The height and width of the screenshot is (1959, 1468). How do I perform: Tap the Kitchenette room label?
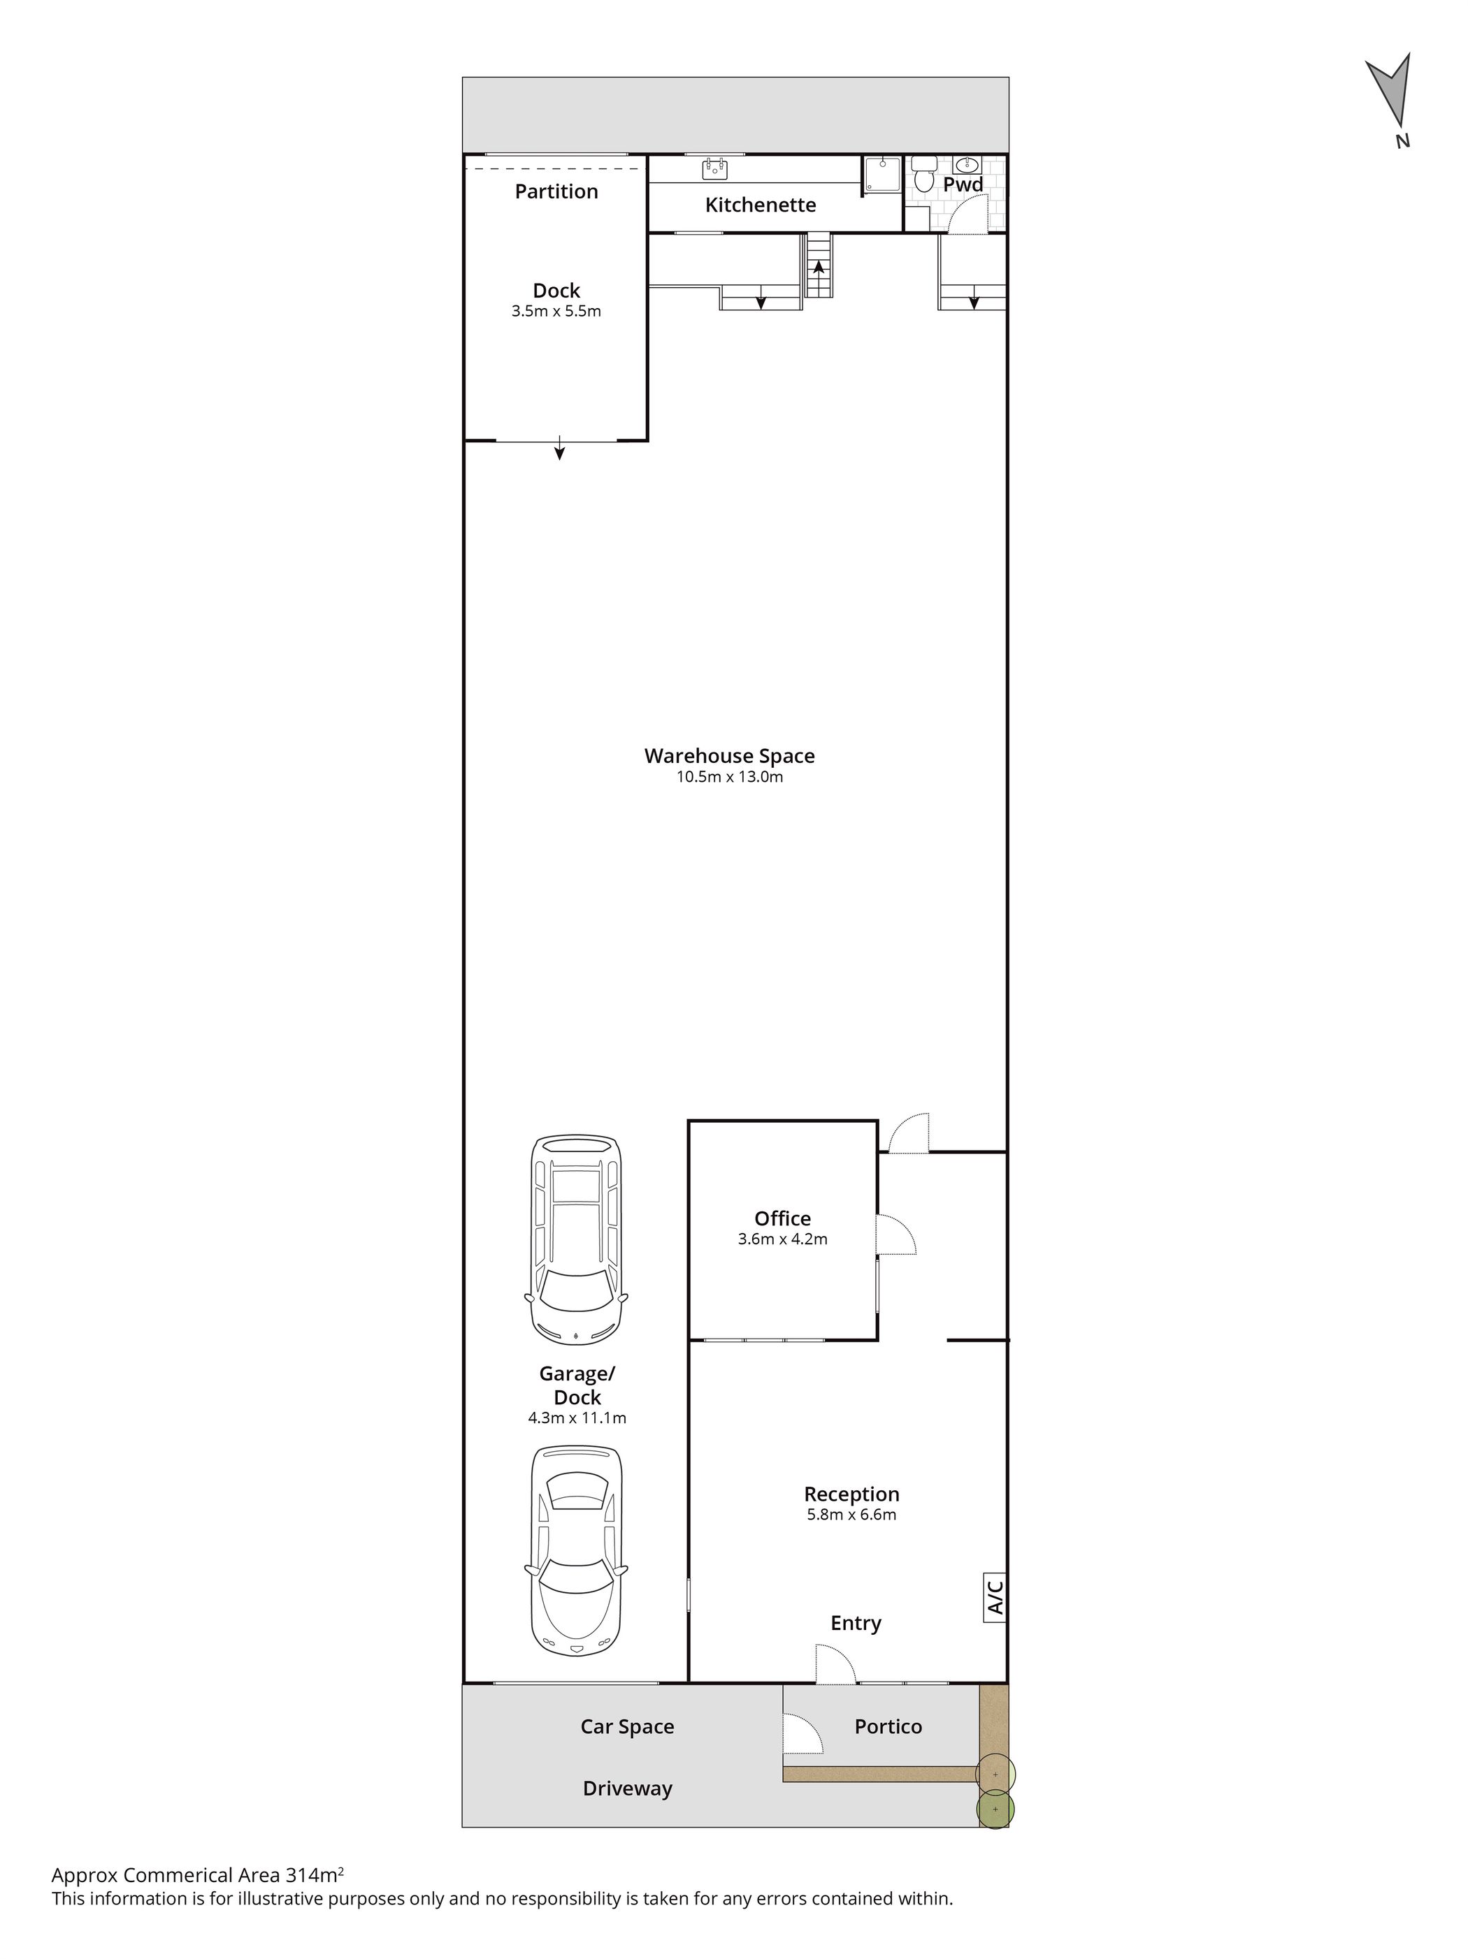[760, 205]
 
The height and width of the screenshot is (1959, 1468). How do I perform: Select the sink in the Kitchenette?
[715, 168]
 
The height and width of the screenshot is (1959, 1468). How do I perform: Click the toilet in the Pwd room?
[923, 176]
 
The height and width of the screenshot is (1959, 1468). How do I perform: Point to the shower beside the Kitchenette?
[882, 176]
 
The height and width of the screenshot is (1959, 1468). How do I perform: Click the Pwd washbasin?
[967, 164]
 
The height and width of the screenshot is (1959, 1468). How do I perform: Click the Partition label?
[556, 191]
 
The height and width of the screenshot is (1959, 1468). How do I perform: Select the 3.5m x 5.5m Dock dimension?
[556, 311]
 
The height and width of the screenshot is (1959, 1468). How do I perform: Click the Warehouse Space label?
[729, 755]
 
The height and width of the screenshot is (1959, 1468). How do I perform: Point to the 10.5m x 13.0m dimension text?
[729, 777]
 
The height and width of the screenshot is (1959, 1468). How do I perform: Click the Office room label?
[782, 1218]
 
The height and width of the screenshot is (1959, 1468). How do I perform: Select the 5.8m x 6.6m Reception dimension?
[851, 1515]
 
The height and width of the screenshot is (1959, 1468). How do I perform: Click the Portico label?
[888, 1726]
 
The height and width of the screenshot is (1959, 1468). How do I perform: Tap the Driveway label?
[627, 1788]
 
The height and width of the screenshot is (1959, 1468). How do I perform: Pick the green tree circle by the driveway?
[995, 1809]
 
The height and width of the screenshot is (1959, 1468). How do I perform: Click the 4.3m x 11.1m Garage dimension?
[577, 1418]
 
